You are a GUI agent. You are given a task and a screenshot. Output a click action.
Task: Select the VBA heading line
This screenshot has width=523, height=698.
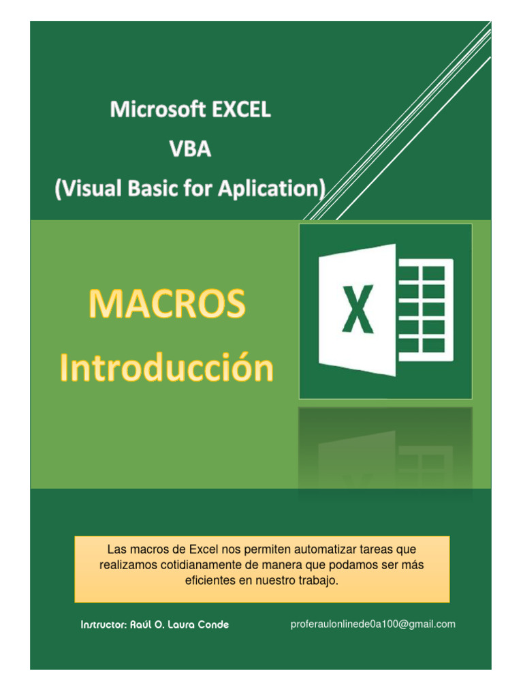191,149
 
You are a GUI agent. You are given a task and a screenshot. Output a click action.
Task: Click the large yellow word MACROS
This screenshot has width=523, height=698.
167,305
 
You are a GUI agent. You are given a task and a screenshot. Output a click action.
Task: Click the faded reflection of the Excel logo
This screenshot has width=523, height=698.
385,450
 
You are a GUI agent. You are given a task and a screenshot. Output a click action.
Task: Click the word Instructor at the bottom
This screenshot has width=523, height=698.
104,625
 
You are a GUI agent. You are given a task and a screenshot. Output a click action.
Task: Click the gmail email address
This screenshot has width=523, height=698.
373,624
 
